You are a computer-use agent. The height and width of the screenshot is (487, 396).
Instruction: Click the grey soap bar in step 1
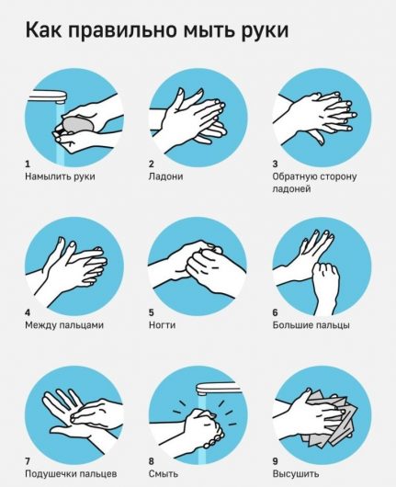pos(78,125)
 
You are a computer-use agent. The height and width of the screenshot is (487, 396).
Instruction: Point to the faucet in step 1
pos(48,96)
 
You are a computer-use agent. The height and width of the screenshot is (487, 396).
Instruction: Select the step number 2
pos(152,164)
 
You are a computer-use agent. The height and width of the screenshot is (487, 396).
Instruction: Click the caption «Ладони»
pos(166,176)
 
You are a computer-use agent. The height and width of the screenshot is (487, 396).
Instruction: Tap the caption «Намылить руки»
pos(60,176)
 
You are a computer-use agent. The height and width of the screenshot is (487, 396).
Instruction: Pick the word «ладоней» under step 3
pos(291,189)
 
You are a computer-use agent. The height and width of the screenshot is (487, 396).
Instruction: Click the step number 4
pos(28,312)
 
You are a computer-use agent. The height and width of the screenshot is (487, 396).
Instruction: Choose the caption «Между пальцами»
pos(64,325)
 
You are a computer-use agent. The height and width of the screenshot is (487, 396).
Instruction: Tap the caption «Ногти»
pos(162,325)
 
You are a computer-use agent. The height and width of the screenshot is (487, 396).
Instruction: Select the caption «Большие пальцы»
pos(311,325)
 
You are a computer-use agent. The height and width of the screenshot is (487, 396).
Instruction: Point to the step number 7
pos(28,461)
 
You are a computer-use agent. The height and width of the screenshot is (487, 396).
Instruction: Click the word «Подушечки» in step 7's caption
pos(50,474)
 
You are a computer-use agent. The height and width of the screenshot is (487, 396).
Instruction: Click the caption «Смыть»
pos(164,474)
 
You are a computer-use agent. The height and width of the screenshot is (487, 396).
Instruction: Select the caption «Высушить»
pos(296,474)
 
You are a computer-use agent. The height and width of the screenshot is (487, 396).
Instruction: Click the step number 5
pos(152,312)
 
